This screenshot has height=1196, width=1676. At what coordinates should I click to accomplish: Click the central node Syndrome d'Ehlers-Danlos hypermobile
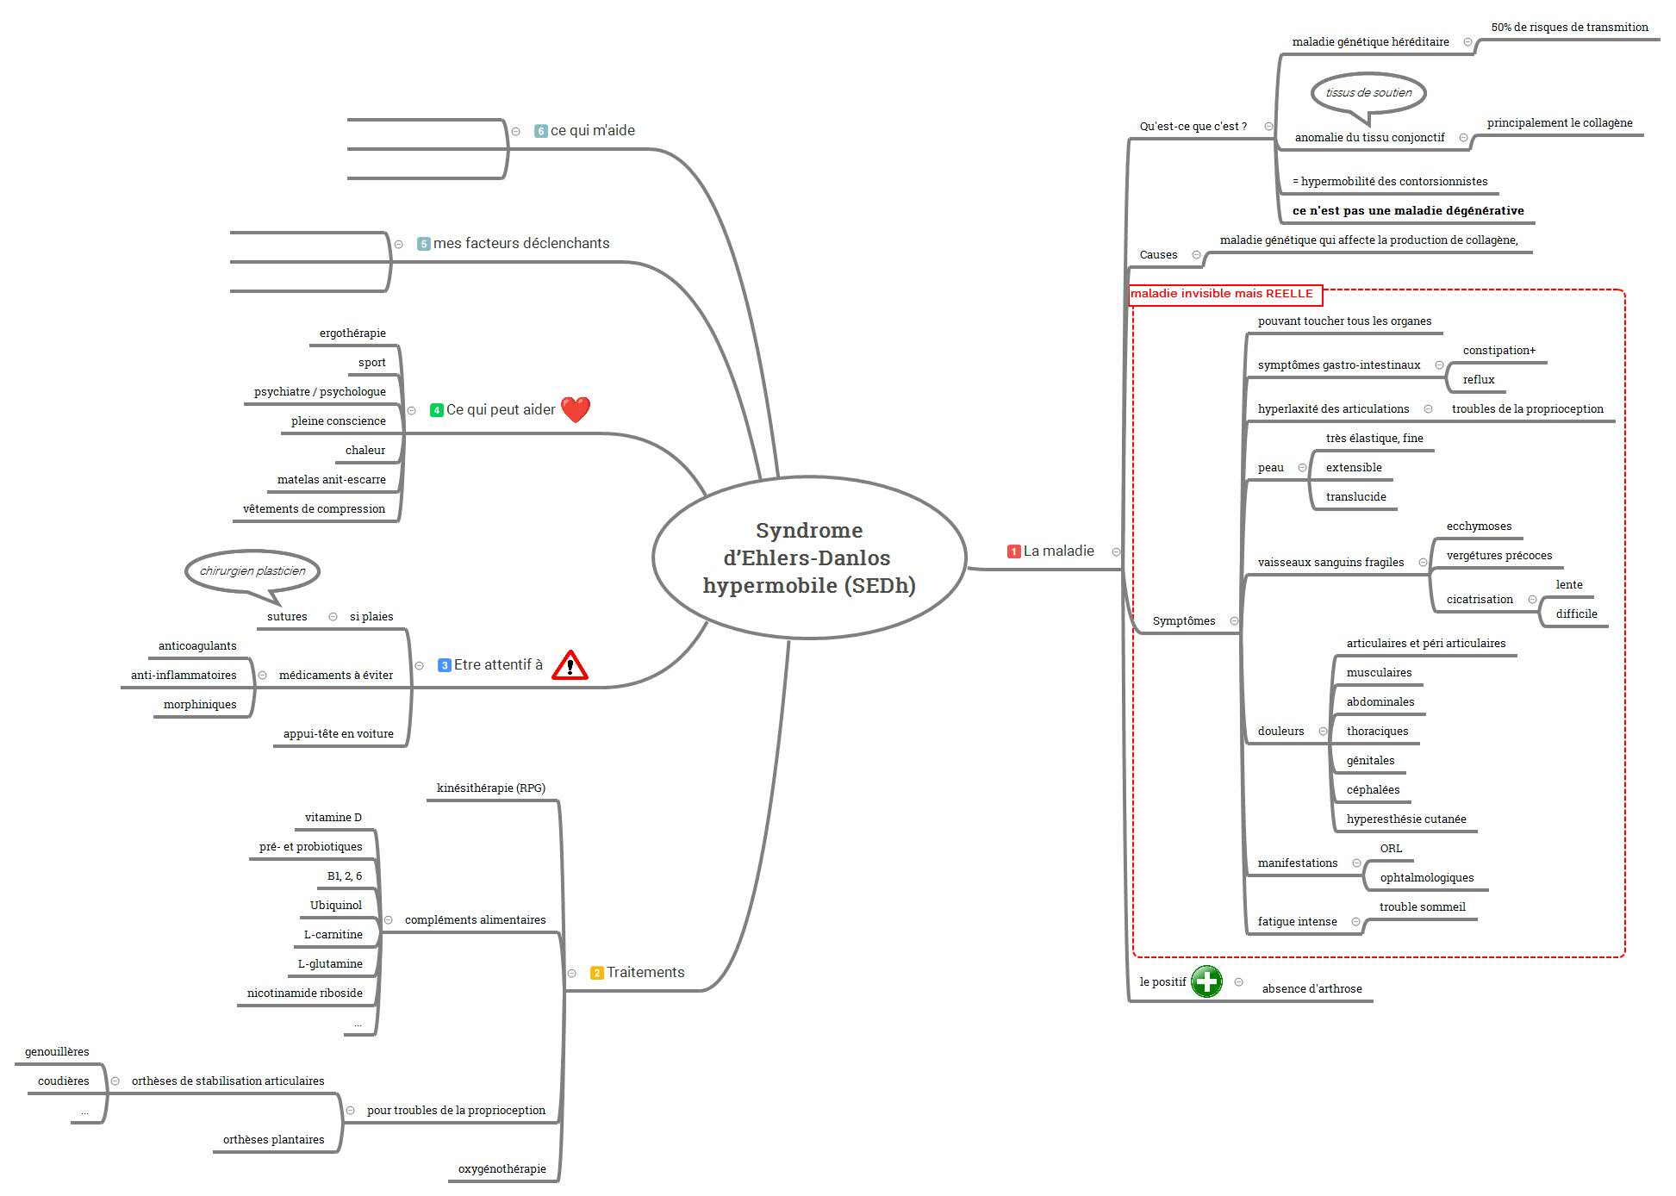coord(809,558)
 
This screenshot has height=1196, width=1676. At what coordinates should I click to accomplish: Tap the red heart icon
coord(576,409)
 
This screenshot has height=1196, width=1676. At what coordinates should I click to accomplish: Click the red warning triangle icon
coord(570,665)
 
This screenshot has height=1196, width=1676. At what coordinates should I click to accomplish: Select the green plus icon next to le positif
coord(1206,981)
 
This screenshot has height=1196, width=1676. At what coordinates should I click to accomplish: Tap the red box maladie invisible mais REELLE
coord(1224,294)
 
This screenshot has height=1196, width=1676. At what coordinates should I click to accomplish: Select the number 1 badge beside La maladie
coord(1014,551)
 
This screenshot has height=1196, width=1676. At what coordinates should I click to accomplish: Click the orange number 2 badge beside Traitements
coord(597,973)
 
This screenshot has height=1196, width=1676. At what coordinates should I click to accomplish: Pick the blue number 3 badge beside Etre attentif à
coord(445,665)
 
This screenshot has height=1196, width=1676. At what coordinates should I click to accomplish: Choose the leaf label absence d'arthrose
coord(1312,989)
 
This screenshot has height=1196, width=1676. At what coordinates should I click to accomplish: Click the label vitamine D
coord(333,818)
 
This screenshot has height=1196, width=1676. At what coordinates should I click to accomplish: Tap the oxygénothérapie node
coord(502,1169)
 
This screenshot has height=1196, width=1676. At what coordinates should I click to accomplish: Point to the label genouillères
coord(57,1052)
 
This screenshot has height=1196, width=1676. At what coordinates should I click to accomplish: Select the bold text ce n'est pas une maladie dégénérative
coord(1408,211)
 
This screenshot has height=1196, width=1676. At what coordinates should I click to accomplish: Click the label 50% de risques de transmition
coord(1570,28)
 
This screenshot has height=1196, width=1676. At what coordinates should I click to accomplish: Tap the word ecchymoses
coord(1479,526)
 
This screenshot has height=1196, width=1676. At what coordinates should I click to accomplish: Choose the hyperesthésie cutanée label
coord(1406,819)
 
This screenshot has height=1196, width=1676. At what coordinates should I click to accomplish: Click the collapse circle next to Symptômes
coord(1234,621)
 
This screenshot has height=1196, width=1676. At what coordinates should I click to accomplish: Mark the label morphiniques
coord(200,705)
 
